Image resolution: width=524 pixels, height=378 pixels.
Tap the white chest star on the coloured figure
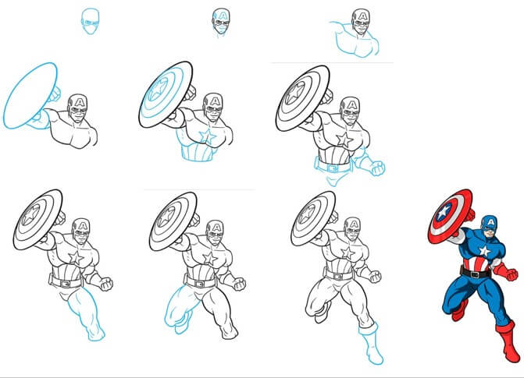coord(484,250)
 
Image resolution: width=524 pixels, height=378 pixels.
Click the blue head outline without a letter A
coord(91,21)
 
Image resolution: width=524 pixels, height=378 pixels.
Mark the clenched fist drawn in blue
coord(378,166)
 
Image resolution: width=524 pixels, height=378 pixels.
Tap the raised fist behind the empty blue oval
coord(54,95)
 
